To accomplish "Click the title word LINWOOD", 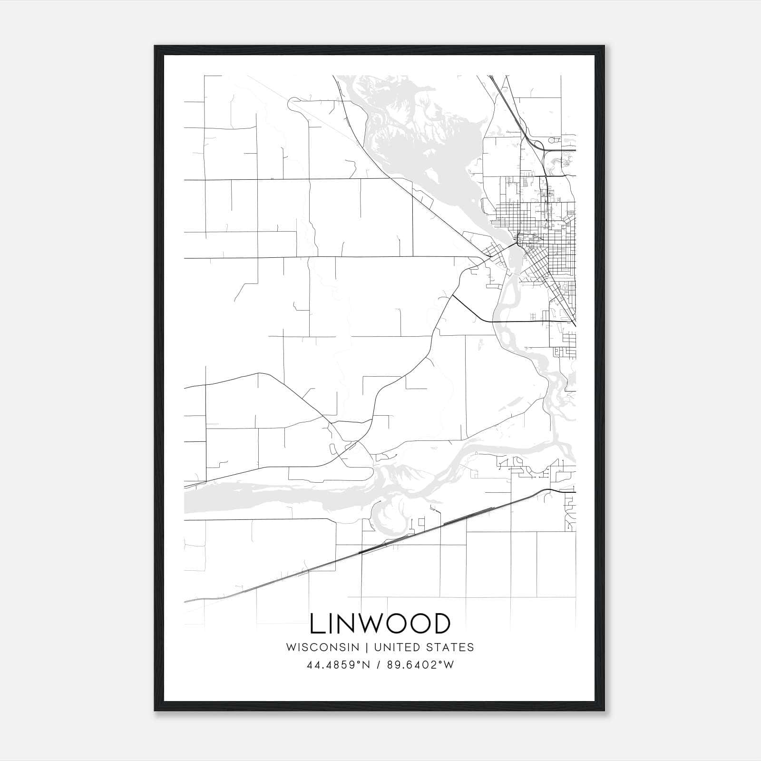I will click(x=380, y=624).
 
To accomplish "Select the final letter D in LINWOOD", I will click(x=441, y=624).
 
